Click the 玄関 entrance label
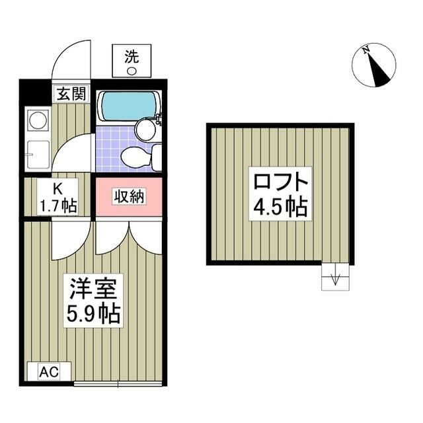tap(70, 94)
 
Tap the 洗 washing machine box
tap(131, 61)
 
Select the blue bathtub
tap(127, 106)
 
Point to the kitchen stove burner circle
tap(37, 121)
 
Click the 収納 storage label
tap(129, 196)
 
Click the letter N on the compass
tap(365, 50)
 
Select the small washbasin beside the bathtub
tap(158, 122)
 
